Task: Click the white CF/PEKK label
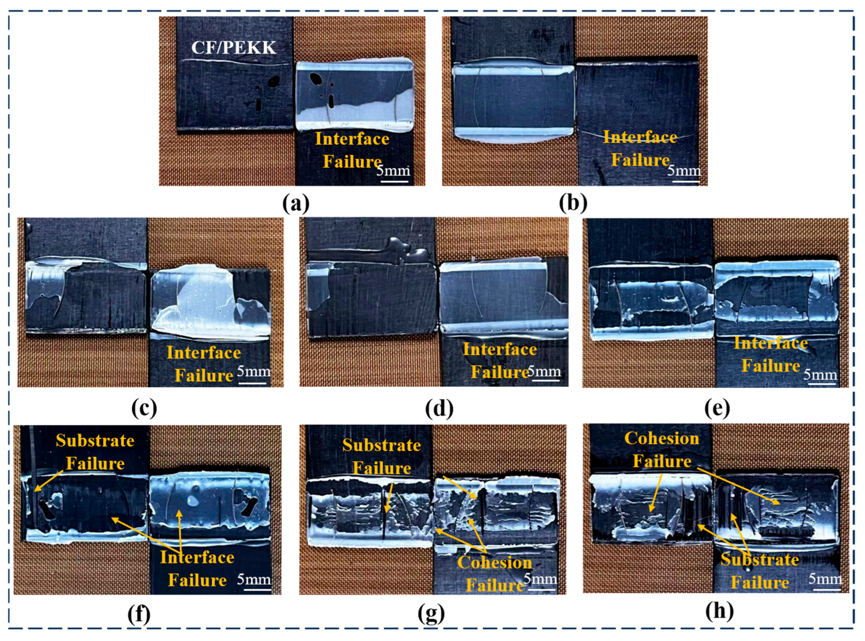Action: pos(234,48)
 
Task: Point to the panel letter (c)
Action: pos(144,408)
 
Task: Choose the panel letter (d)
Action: pos(439,408)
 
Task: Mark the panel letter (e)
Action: pos(717,408)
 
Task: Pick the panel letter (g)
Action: pos(432,614)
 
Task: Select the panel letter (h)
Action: pos(720,611)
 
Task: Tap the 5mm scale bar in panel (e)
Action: pos(821,383)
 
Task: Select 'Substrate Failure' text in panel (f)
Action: pos(95,452)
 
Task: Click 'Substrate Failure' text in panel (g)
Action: pos(381,457)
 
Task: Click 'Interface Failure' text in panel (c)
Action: pos(204,364)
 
